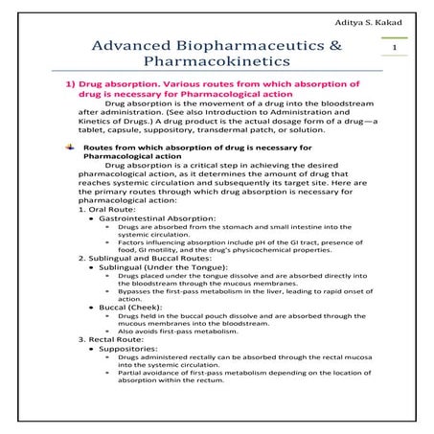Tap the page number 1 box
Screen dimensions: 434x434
click(394, 46)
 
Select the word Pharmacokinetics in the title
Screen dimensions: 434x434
click(217, 67)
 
